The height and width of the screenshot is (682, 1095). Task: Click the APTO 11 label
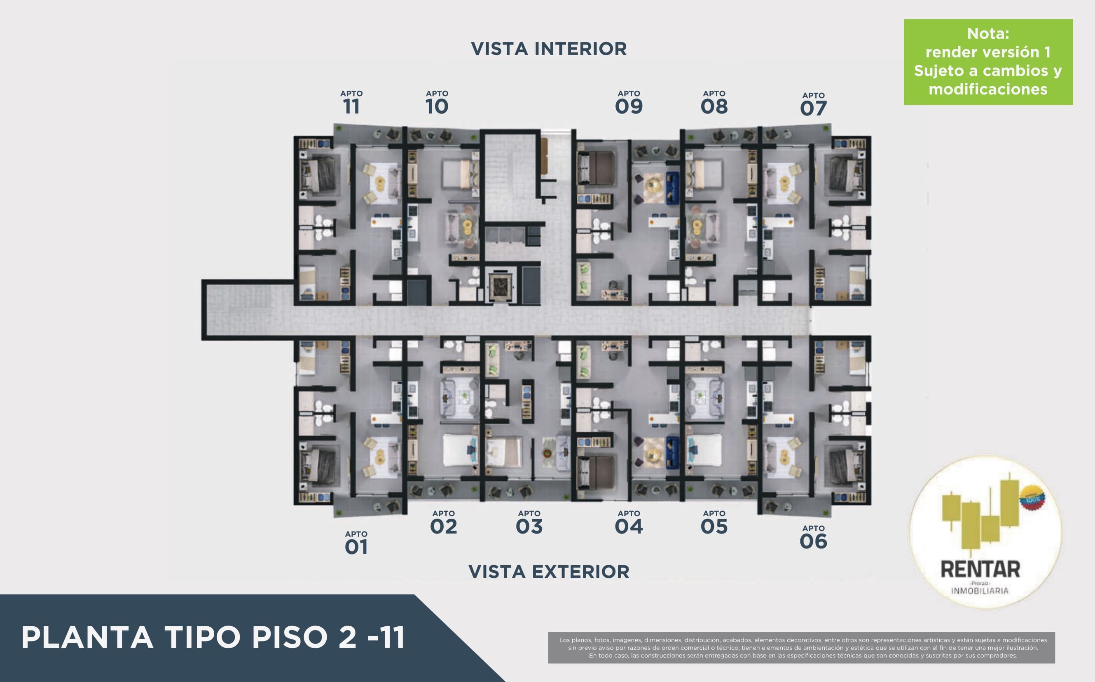point(351,102)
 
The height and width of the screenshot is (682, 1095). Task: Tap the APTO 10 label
point(437,102)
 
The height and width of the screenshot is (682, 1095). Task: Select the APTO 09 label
point(629,102)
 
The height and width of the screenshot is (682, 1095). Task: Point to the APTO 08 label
point(714,102)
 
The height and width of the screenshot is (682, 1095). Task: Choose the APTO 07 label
point(813,104)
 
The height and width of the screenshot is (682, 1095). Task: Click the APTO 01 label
point(356,543)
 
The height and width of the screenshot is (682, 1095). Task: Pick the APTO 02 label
point(443,522)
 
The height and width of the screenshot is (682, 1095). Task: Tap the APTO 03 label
point(529,522)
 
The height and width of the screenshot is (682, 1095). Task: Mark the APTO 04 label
point(629,522)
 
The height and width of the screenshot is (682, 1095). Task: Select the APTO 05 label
point(714,522)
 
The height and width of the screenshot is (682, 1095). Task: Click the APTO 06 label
point(813,537)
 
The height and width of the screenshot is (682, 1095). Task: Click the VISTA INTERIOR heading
point(549,49)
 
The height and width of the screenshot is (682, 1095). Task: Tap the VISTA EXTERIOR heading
point(549,571)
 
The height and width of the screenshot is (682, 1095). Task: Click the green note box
point(988,62)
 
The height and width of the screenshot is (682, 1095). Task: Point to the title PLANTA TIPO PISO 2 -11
point(213,637)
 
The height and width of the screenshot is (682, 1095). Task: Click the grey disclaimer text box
point(802,648)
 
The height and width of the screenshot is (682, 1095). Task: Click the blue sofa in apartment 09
point(672,188)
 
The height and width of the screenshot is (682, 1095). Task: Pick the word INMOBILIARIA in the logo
point(980,591)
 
